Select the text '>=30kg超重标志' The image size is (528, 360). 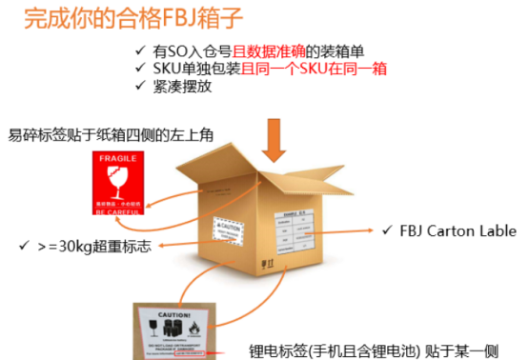(94, 247)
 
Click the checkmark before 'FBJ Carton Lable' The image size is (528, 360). (385, 230)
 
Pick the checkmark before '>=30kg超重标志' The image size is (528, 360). (22, 247)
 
